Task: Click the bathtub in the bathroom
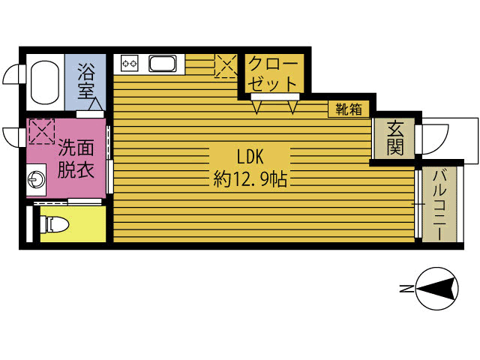45,82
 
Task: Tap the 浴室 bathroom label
85,81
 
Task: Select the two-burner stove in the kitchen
129,63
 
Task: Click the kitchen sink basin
163,63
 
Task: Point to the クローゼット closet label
272,73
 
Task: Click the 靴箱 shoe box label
349,109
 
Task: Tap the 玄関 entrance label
395,138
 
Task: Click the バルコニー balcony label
439,205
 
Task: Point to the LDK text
250,157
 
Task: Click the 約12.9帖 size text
250,178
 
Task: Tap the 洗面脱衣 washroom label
76,158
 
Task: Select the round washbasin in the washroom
37,179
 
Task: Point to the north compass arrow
434,288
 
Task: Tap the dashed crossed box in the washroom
41,131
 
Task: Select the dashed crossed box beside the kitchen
226,66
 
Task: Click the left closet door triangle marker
256,106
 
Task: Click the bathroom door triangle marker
96,104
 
